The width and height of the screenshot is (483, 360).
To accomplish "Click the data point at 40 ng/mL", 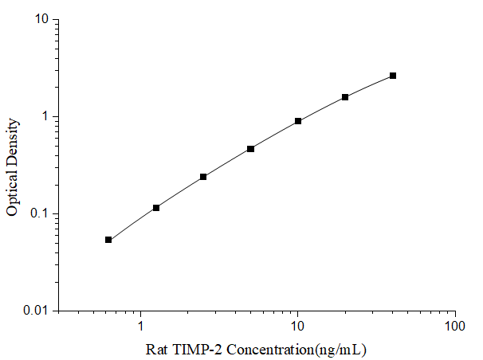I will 393,76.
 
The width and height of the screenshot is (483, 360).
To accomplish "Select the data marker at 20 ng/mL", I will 345,97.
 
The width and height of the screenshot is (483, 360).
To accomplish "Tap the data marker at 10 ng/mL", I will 298,121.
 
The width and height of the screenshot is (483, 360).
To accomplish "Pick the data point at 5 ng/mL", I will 250,149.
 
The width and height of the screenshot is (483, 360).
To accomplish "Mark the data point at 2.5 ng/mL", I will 203,177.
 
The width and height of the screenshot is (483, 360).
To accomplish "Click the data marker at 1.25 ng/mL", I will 156,208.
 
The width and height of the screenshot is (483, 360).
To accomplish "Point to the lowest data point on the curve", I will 108,240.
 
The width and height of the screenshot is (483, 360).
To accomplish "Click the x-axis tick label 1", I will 141,327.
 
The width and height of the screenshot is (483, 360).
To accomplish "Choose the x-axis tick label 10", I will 298,327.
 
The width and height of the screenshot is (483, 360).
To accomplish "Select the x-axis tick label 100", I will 454,327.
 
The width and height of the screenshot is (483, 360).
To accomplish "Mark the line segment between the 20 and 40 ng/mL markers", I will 369,86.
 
